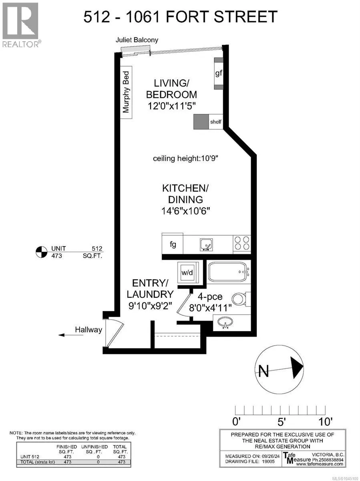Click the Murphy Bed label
point(126,92)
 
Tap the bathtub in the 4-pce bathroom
point(229,272)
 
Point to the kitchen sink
point(206,245)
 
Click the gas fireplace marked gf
point(218,73)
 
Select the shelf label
point(216,121)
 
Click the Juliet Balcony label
point(137,40)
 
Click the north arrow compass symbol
point(279,370)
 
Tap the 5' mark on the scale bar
point(281,422)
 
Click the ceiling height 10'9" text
point(185,158)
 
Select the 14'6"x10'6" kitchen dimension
point(185,211)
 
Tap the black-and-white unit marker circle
point(41,252)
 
